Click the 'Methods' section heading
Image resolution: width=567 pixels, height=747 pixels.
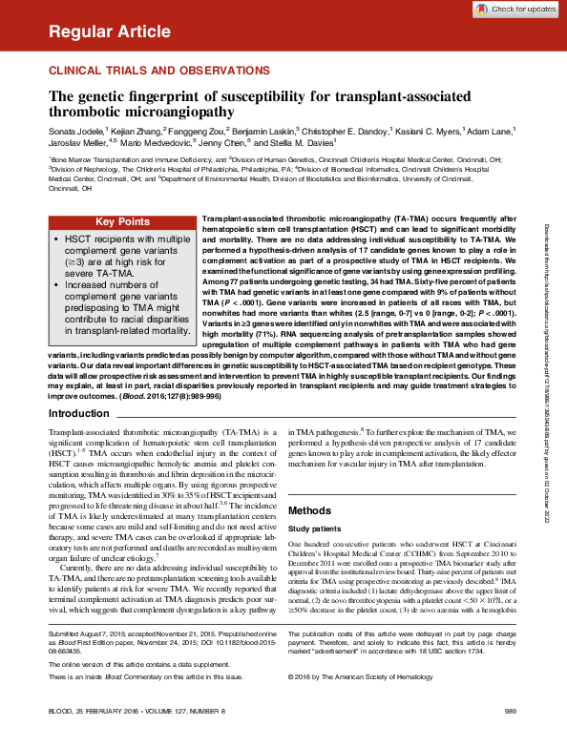click(x=309, y=510)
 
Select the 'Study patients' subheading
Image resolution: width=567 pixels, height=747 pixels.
click(x=314, y=529)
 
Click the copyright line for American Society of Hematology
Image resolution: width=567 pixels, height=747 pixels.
click(x=352, y=676)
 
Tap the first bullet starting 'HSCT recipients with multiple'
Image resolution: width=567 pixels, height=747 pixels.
click(x=119, y=250)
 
